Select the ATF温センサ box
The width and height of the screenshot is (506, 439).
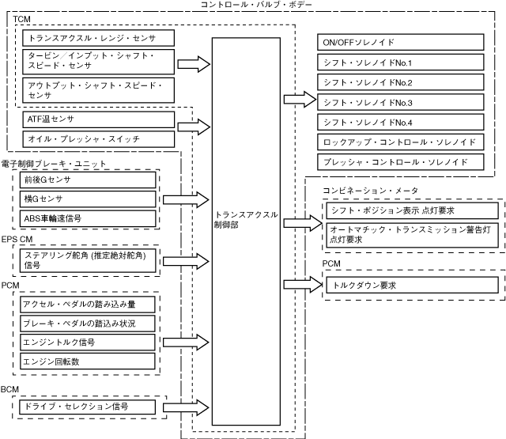pyautogui.click(x=97, y=119)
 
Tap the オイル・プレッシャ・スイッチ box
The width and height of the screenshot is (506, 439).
pyautogui.click(x=97, y=139)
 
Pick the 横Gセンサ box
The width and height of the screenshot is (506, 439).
pyautogui.click(x=88, y=199)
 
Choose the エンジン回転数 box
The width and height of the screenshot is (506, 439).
pyautogui.click(x=88, y=361)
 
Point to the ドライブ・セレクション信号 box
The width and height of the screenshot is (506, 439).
pyautogui.click(x=88, y=407)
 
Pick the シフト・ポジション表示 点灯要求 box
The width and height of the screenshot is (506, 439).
pyautogui.click(x=410, y=210)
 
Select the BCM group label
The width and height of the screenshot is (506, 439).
pyautogui.click(x=10, y=389)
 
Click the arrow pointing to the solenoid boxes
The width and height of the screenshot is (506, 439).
pyautogui.click(x=299, y=100)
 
